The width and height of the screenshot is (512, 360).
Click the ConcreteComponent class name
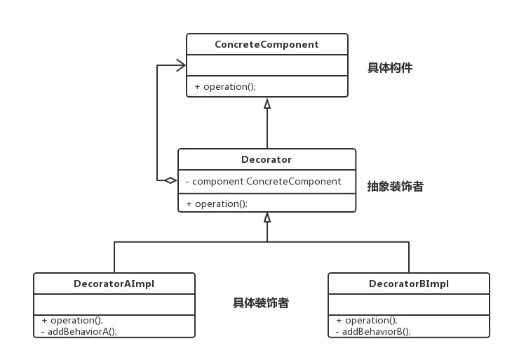tap(267, 44)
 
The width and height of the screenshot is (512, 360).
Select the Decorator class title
tap(267, 159)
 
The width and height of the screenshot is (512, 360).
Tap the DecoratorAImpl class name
tap(114, 284)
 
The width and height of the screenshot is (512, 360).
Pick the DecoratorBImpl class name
tap(408, 284)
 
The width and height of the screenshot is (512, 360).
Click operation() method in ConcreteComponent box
tap(225, 86)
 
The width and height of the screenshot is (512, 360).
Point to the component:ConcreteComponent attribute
tap(263, 181)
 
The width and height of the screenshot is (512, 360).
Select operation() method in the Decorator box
tap(217, 204)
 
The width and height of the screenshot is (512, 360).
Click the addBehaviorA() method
tap(79, 331)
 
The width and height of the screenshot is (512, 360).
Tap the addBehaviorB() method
tap(373, 331)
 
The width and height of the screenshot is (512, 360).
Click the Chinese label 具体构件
tap(390, 68)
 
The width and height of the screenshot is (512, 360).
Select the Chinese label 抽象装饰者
tap(395, 187)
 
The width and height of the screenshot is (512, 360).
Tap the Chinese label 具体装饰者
tap(261, 303)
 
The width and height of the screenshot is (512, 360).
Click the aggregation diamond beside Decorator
tap(169, 181)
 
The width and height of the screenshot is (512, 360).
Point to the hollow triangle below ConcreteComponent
tap(267, 103)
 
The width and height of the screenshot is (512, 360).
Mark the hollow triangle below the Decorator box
tap(267, 218)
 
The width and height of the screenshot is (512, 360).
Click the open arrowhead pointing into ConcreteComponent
tap(181, 65)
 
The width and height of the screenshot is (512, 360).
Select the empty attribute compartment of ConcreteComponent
tap(267, 65)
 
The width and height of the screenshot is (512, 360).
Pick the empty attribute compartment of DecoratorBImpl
tap(408, 304)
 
